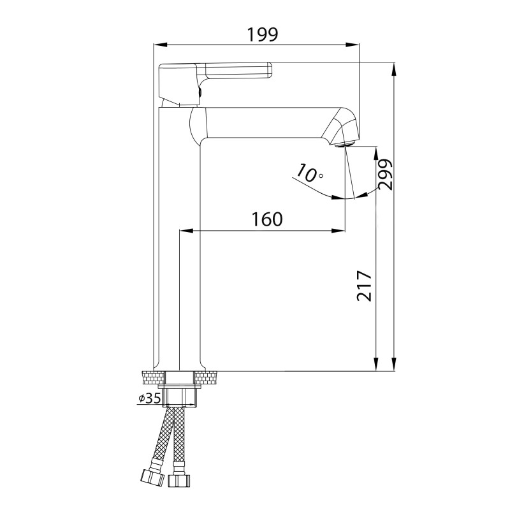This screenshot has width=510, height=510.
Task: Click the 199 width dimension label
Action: coord(263,34)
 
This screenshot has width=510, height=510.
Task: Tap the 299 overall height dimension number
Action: coord(386,174)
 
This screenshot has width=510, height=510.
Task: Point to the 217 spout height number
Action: coord(364,286)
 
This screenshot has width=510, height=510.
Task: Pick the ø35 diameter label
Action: coord(150,398)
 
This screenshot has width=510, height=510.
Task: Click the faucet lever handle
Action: coord(215,84)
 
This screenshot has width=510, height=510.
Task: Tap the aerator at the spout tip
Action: coord(346,143)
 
